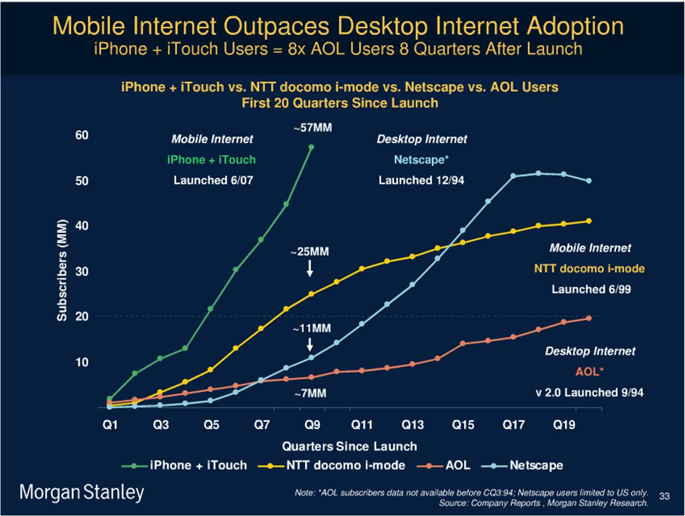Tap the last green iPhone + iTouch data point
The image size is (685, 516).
(x=311, y=147)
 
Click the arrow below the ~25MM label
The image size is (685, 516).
(x=310, y=268)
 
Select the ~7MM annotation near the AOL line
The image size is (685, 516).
(x=310, y=394)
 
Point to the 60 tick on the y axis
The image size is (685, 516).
(x=82, y=135)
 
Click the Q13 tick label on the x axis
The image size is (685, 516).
(x=412, y=425)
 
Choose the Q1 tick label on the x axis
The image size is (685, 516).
(x=110, y=425)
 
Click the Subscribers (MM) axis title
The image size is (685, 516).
(x=62, y=270)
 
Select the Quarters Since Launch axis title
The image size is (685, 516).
(x=349, y=446)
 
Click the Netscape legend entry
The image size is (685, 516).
(x=522, y=465)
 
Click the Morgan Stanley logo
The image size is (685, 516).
(x=82, y=492)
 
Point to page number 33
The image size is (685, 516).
(x=664, y=496)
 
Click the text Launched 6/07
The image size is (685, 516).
(x=213, y=180)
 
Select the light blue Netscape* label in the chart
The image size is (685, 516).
(x=422, y=160)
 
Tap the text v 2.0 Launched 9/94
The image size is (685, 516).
(x=589, y=393)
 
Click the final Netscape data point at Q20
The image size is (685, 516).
(x=589, y=181)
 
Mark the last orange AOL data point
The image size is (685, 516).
(x=589, y=318)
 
